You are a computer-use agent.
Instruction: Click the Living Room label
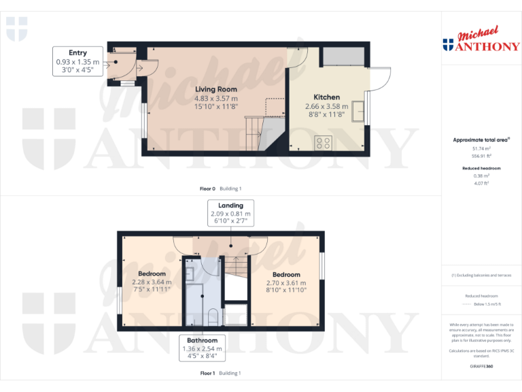click(216, 89)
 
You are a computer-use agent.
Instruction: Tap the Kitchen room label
click(326, 97)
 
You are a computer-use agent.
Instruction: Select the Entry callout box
click(77, 61)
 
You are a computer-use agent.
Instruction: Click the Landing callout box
click(230, 213)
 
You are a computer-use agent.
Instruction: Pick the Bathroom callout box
click(203, 348)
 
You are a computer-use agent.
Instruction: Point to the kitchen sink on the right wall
click(363, 110)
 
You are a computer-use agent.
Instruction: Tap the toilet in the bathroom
click(212, 317)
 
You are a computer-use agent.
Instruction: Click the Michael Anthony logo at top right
click(481, 41)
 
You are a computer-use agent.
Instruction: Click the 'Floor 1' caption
click(208, 373)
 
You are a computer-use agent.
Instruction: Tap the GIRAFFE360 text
click(481, 367)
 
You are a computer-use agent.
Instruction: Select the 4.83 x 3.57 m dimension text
click(216, 98)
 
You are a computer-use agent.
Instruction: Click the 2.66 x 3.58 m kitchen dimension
click(326, 106)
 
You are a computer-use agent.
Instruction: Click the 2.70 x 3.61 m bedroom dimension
click(286, 282)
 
